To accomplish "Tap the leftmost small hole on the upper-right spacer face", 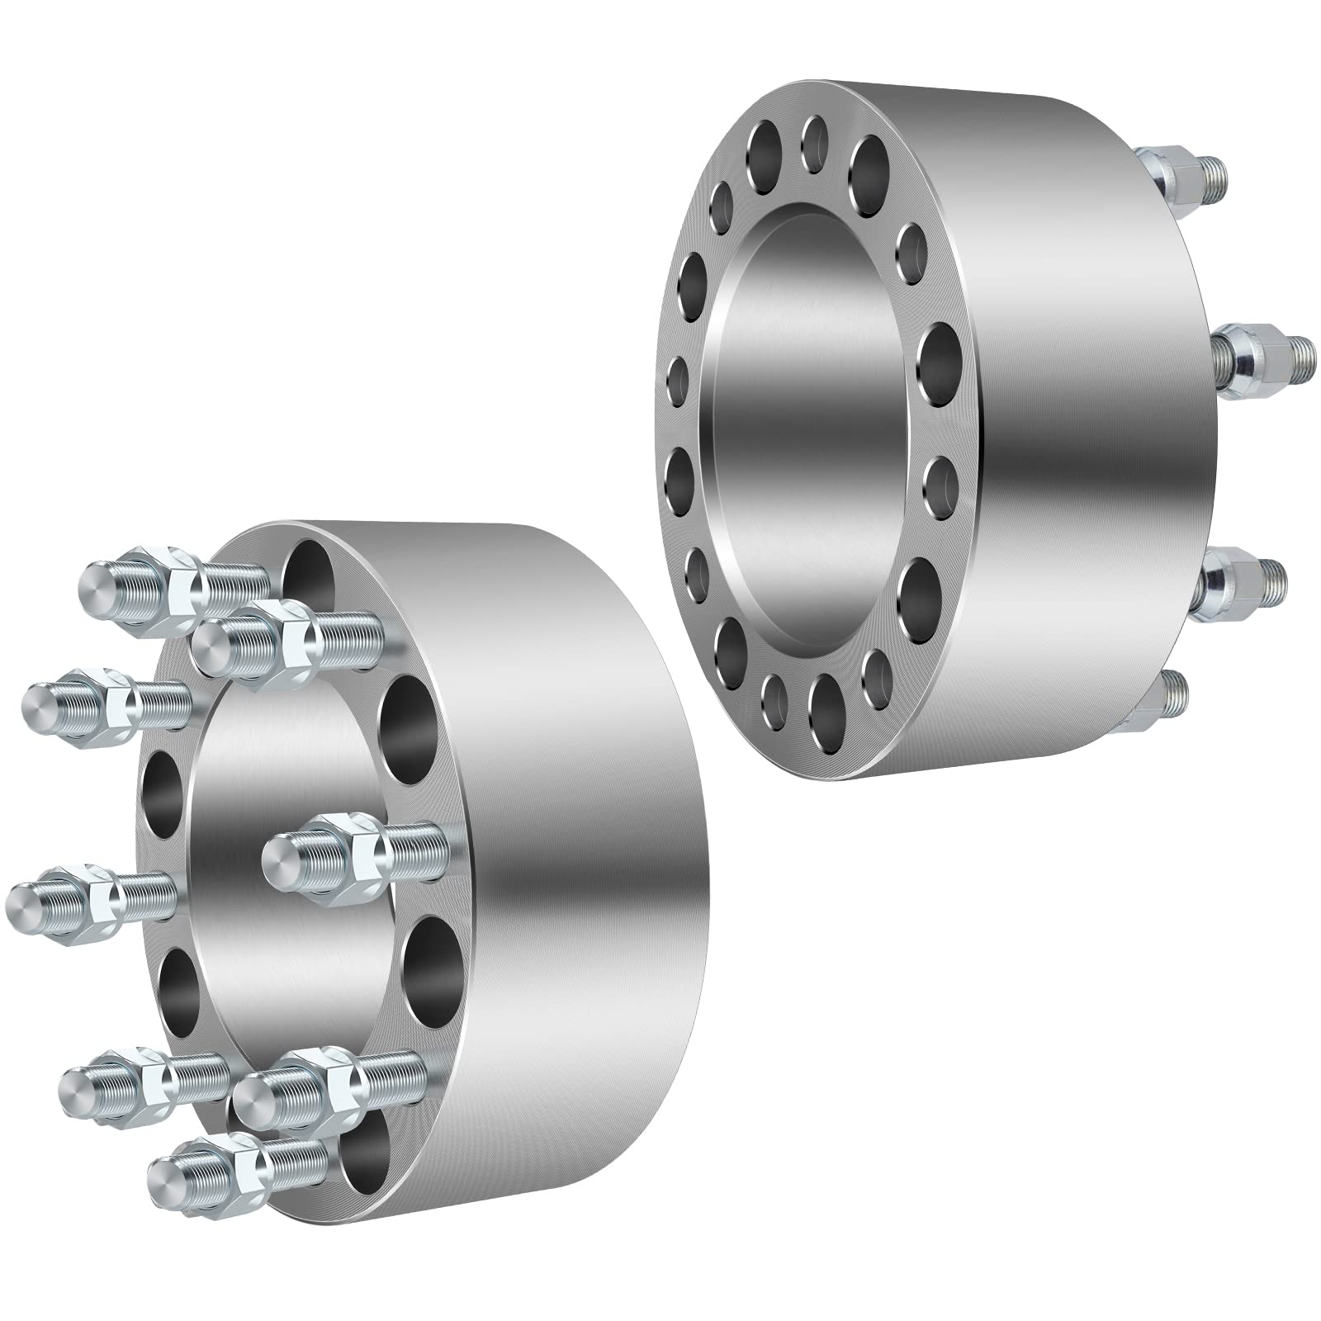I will (x=679, y=376).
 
